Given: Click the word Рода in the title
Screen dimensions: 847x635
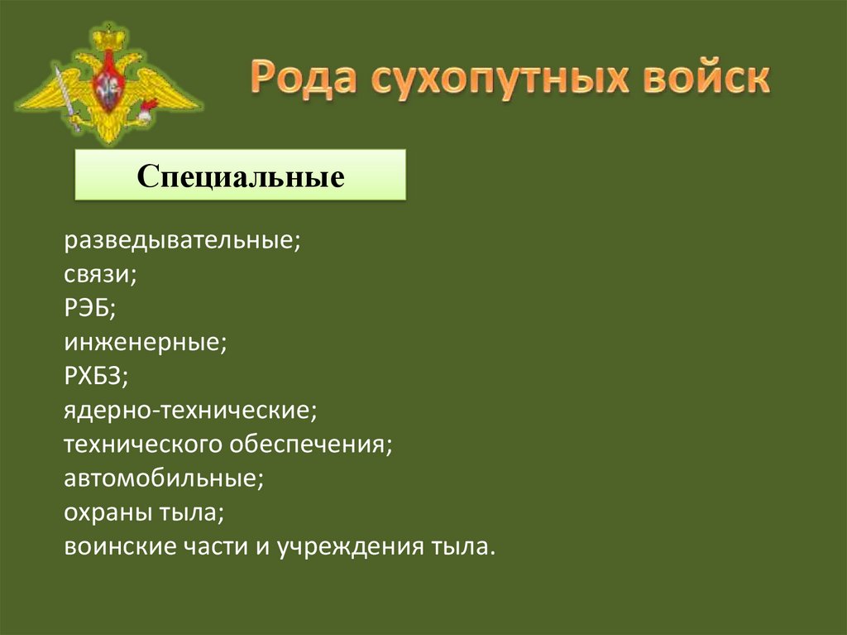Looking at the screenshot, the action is (x=304, y=77).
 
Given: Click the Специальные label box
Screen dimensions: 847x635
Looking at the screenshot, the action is (x=241, y=175).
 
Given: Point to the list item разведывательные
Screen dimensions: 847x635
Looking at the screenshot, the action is (x=182, y=240).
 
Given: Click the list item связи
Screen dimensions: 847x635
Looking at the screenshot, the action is (x=100, y=274).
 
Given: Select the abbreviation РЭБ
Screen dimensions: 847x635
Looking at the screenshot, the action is (x=90, y=308).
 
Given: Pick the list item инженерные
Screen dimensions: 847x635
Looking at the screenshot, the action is (x=146, y=343).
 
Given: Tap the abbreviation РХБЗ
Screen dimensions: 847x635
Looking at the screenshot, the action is (x=96, y=376).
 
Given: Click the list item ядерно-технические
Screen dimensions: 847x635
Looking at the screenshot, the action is (x=191, y=410).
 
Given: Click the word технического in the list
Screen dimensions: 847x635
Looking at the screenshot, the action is (x=143, y=445).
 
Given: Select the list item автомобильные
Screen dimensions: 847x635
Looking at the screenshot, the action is (x=164, y=479).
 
